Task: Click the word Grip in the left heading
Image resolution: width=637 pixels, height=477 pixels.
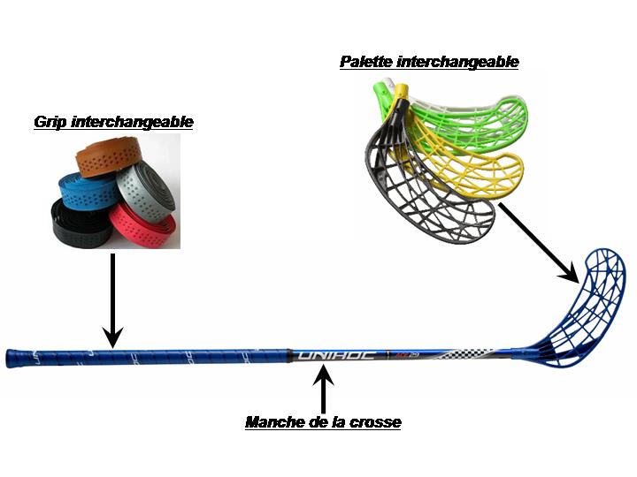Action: tap(52, 122)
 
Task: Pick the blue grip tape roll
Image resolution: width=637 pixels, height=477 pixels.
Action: tap(83, 189)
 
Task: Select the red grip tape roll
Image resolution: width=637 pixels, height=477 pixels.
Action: tap(142, 226)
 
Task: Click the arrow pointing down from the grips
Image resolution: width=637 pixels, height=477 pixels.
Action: tap(112, 300)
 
